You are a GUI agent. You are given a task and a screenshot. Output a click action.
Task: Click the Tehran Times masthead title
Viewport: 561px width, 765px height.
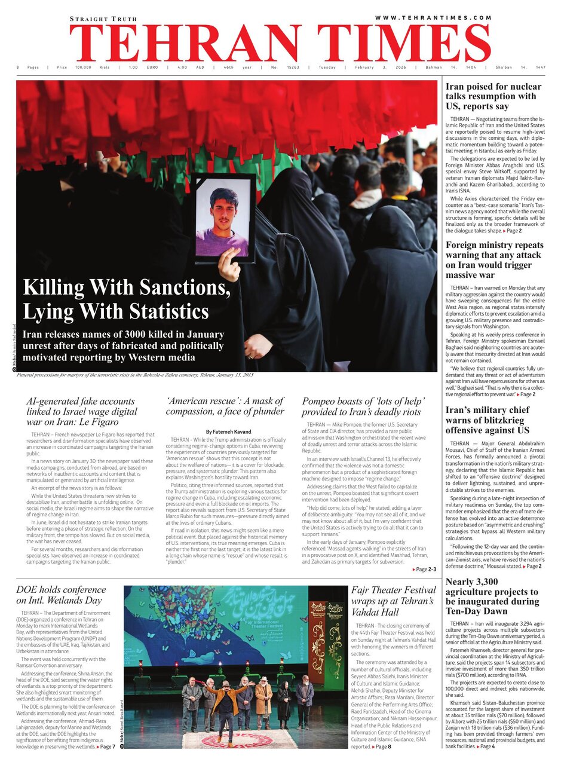(x=280, y=43)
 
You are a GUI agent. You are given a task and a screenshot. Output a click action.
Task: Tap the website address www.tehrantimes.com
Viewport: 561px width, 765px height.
(x=433, y=18)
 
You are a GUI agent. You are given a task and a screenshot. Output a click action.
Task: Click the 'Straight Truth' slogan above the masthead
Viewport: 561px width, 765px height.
(x=103, y=19)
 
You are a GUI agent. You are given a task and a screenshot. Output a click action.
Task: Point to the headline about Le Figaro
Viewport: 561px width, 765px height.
(x=82, y=411)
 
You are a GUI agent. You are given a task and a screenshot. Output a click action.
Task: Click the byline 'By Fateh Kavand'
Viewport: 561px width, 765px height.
(x=229, y=432)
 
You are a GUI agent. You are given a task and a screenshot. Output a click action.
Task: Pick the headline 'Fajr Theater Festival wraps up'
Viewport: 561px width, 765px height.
(x=393, y=601)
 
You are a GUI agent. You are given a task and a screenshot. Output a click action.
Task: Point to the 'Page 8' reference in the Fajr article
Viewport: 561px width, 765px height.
(x=381, y=747)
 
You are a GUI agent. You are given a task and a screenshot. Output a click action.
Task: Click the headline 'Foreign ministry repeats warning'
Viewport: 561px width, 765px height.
(x=493, y=260)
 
